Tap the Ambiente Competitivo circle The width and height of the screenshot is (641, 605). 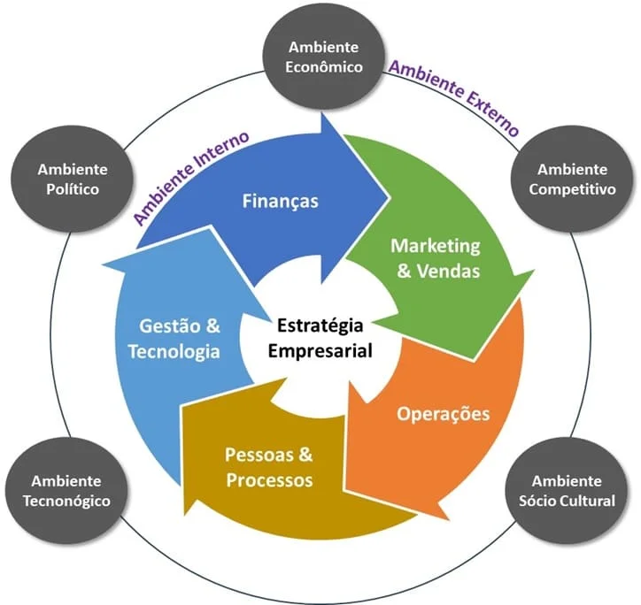[x=572, y=178]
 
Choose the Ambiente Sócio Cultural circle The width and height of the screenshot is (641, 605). [x=573, y=490]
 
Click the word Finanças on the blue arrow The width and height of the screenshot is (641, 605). [x=280, y=201]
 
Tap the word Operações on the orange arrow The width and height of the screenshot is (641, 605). [x=443, y=413]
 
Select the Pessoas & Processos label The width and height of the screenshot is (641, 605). [x=269, y=468]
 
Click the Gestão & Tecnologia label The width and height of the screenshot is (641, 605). [x=173, y=338]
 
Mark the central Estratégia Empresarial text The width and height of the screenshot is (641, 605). [x=320, y=337]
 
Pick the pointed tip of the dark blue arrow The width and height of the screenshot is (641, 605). [x=390, y=196]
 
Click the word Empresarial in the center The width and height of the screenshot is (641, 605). [x=320, y=349]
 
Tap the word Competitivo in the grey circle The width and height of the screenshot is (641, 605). [x=572, y=189]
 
